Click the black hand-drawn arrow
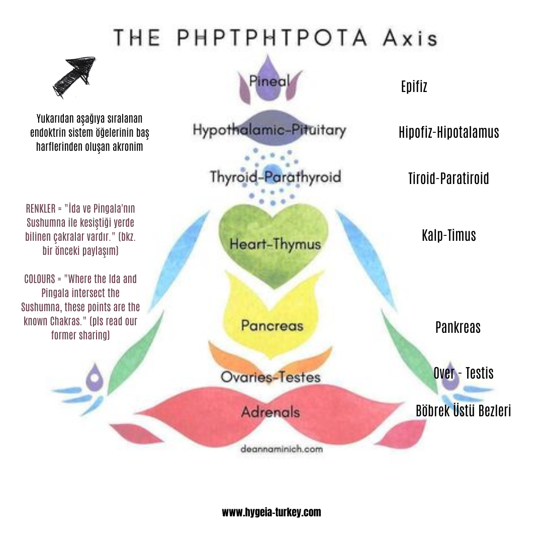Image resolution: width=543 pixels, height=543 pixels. [74, 77]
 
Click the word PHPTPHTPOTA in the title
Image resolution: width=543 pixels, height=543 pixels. [272, 37]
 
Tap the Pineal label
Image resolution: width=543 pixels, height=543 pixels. [269, 81]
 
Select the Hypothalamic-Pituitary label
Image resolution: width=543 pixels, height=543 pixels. [269, 130]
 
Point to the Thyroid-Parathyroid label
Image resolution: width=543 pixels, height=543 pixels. [276, 177]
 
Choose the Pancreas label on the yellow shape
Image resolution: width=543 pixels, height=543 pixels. [272, 325]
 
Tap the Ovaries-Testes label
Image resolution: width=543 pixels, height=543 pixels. [270, 377]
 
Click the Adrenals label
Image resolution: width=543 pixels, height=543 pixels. [270, 412]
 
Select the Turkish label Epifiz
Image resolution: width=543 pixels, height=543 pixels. [414, 86]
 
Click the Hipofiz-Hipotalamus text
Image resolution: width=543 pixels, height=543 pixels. [449, 132]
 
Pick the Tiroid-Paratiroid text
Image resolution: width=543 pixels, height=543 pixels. [449, 178]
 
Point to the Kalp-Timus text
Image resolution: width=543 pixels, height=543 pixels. [449, 235]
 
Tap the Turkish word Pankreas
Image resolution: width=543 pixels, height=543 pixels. [458, 328]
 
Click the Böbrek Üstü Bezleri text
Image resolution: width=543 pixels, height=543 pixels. [464, 411]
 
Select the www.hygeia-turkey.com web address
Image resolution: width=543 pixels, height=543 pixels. [271, 512]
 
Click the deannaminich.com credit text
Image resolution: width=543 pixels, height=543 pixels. [281, 449]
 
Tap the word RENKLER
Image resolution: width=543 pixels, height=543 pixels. [41, 209]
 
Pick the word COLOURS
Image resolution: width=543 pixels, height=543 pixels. [40, 279]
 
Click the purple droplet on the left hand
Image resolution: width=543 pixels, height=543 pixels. [95, 377]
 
